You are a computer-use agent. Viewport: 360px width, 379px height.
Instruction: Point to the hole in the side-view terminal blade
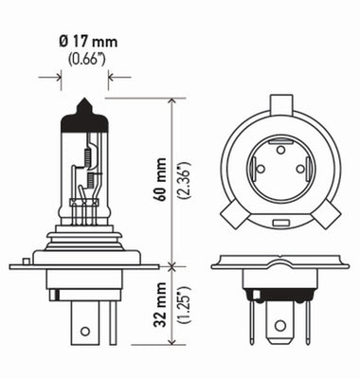[x=85, y=332]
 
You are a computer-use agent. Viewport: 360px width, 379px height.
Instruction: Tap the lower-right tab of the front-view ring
[x=325, y=217]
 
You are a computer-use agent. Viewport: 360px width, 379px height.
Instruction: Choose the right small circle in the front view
[x=300, y=169]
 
